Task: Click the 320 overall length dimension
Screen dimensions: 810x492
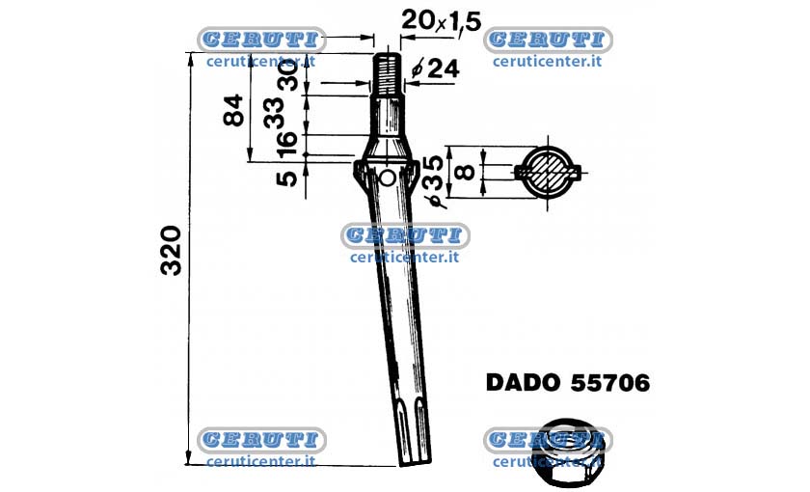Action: [171, 251]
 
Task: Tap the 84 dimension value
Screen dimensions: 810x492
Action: [233, 110]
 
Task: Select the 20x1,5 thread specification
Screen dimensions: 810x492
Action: [442, 21]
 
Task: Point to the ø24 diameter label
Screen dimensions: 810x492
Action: [436, 68]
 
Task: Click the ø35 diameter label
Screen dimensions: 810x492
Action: [433, 181]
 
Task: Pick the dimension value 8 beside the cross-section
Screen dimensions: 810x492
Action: [467, 171]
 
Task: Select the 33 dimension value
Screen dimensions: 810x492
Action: [274, 113]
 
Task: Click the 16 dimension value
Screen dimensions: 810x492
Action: [286, 144]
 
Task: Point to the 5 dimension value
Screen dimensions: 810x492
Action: [286, 178]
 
